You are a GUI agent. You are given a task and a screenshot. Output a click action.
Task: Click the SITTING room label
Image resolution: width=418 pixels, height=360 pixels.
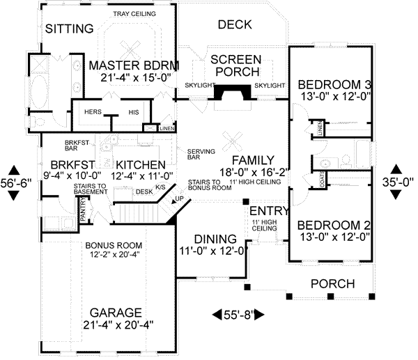[69, 29]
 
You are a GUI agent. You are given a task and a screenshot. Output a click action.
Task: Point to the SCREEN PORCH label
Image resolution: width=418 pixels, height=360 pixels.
[235, 65]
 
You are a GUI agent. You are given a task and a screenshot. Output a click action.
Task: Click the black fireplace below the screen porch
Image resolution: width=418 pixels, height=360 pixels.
[233, 95]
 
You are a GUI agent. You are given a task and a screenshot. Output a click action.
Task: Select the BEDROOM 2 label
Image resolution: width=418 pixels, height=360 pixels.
[332, 226]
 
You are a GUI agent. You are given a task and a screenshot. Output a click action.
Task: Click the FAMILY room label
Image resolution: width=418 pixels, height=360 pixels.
[254, 159]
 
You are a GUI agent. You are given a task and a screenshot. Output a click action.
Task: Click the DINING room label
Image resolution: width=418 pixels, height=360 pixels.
[210, 238]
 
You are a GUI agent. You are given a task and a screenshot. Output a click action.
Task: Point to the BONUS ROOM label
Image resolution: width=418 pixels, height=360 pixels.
[114, 246]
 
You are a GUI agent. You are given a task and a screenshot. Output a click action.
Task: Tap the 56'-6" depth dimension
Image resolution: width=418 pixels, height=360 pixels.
[13, 182]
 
